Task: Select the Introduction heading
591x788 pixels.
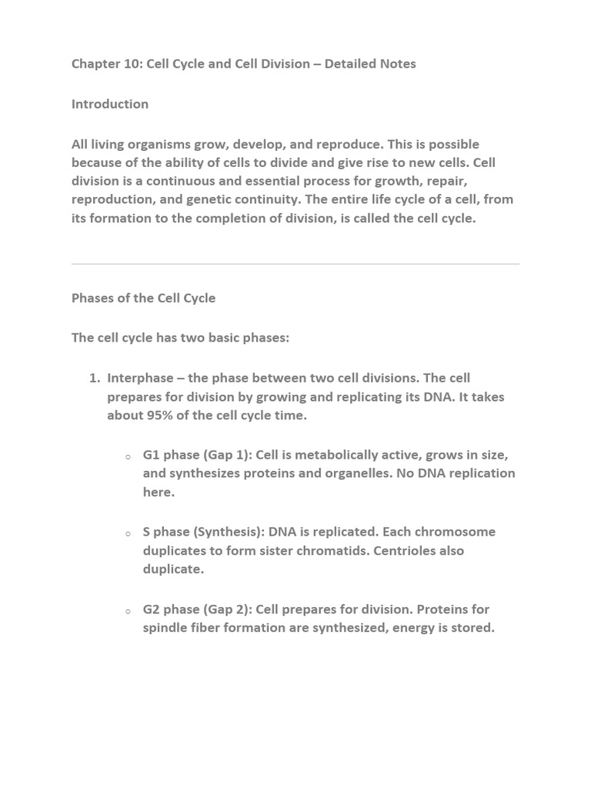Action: (x=110, y=104)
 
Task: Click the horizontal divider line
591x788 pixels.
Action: (x=295, y=264)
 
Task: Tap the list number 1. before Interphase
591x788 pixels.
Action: (x=95, y=378)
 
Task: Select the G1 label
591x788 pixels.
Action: (x=152, y=455)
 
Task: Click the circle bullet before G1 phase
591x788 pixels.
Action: (x=128, y=456)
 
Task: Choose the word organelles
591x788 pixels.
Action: (x=354, y=473)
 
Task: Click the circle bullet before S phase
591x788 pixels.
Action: (x=128, y=533)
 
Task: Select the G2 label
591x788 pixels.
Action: (x=152, y=609)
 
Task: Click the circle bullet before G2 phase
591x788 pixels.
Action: (x=128, y=611)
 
